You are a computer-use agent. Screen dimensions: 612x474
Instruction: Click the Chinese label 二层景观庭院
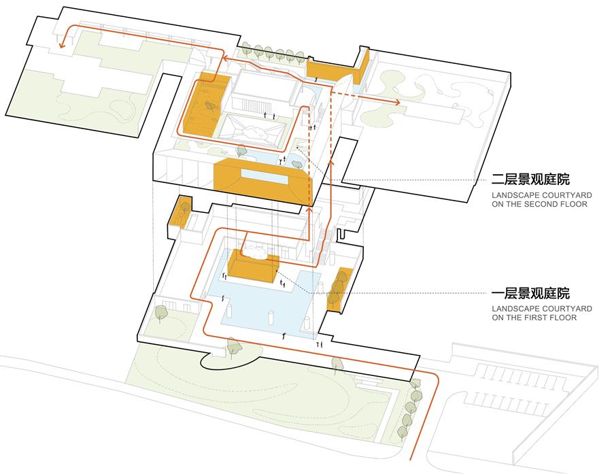(530, 180)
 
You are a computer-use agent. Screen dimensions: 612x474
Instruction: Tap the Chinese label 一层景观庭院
(530, 293)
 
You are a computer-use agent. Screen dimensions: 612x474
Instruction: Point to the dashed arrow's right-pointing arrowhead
(397, 102)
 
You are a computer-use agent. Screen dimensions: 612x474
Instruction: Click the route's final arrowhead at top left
(61, 46)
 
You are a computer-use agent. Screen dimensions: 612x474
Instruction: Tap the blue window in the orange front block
(265, 177)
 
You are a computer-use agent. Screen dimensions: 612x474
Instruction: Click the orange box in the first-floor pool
(253, 267)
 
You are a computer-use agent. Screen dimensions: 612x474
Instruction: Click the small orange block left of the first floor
(180, 212)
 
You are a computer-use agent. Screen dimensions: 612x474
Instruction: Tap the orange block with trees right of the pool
(339, 288)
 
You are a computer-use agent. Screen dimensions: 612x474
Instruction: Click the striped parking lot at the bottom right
(515, 386)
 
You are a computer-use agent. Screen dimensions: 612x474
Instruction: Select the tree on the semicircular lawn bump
(233, 347)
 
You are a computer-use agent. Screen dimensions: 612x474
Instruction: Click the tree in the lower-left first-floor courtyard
(160, 313)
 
